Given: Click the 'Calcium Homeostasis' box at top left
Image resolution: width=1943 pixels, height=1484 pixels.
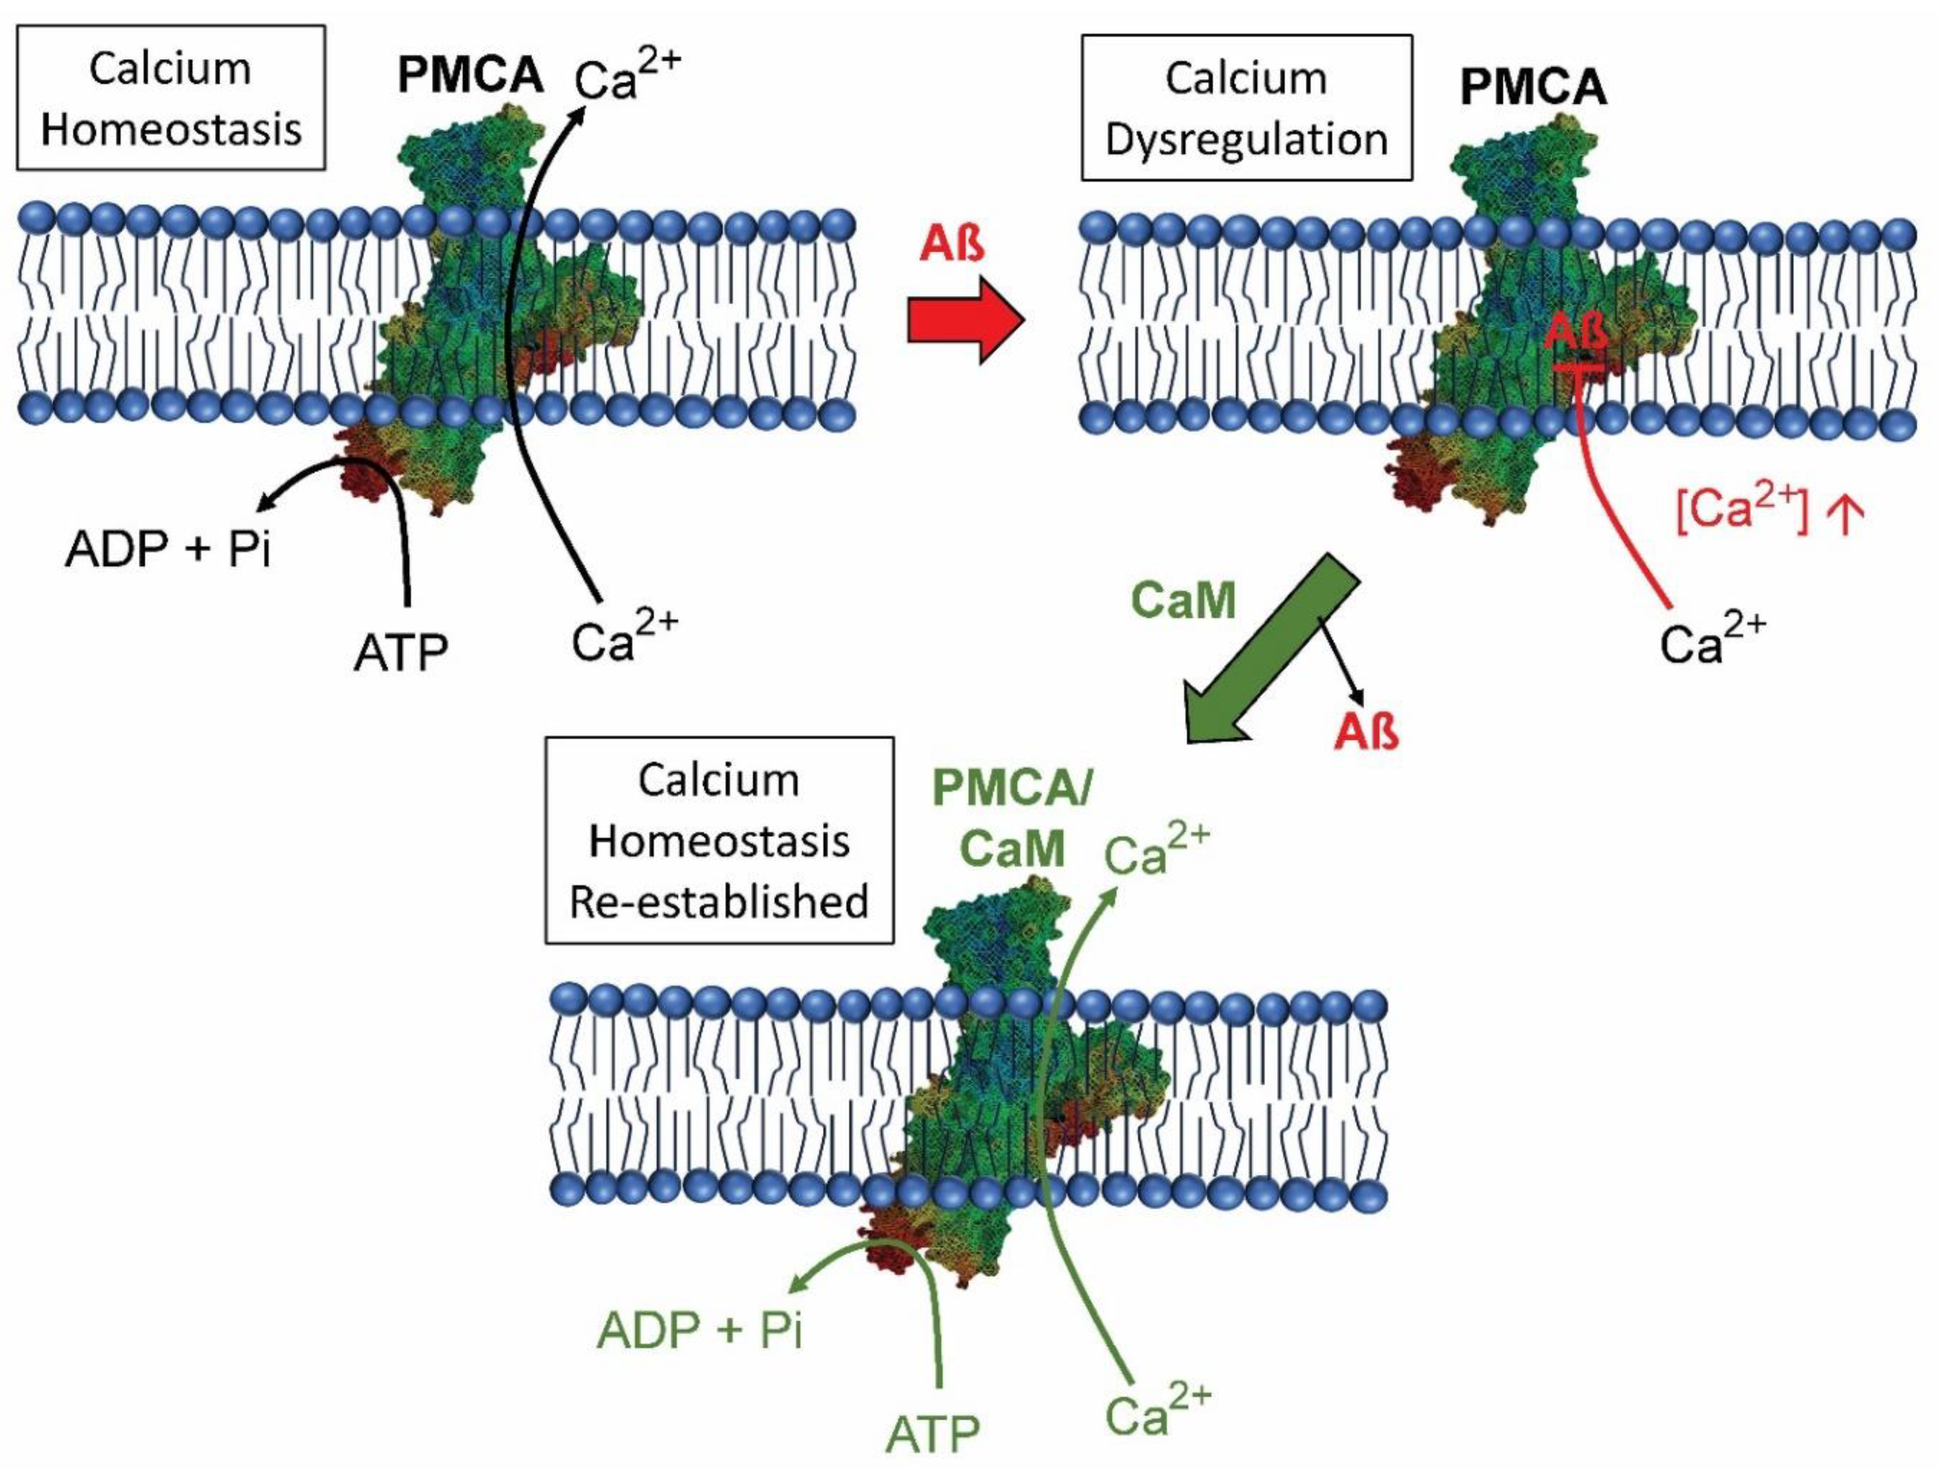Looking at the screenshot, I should (x=170, y=97).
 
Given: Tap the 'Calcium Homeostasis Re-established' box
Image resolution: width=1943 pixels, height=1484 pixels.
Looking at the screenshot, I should (x=719, y=840).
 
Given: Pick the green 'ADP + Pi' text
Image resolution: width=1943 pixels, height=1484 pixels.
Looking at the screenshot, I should (x=700, y=1330).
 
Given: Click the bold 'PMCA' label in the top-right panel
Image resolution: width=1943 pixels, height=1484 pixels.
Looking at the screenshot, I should (x=1533, y=87).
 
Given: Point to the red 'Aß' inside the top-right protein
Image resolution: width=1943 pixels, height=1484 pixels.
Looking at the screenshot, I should (x=1575, y=333).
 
